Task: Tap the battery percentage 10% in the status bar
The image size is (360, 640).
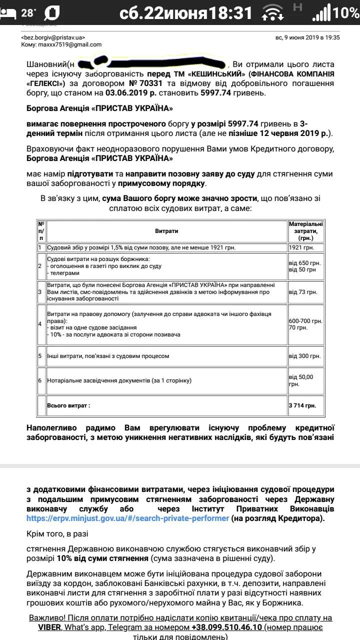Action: point(346,12)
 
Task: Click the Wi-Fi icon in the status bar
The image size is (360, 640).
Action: point(272,12)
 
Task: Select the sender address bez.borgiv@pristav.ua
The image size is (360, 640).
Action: point(53,37)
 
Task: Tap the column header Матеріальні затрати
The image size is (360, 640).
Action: point(305,231)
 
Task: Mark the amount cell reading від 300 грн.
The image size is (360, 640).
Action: point(304,356)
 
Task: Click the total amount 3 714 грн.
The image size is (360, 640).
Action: point(302,405)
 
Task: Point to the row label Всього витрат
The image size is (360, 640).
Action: point(68,405)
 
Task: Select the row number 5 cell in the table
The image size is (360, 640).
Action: point(40,356)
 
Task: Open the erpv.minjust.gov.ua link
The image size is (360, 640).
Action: point(127,518)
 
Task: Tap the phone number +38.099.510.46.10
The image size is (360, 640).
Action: point(232,627)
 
